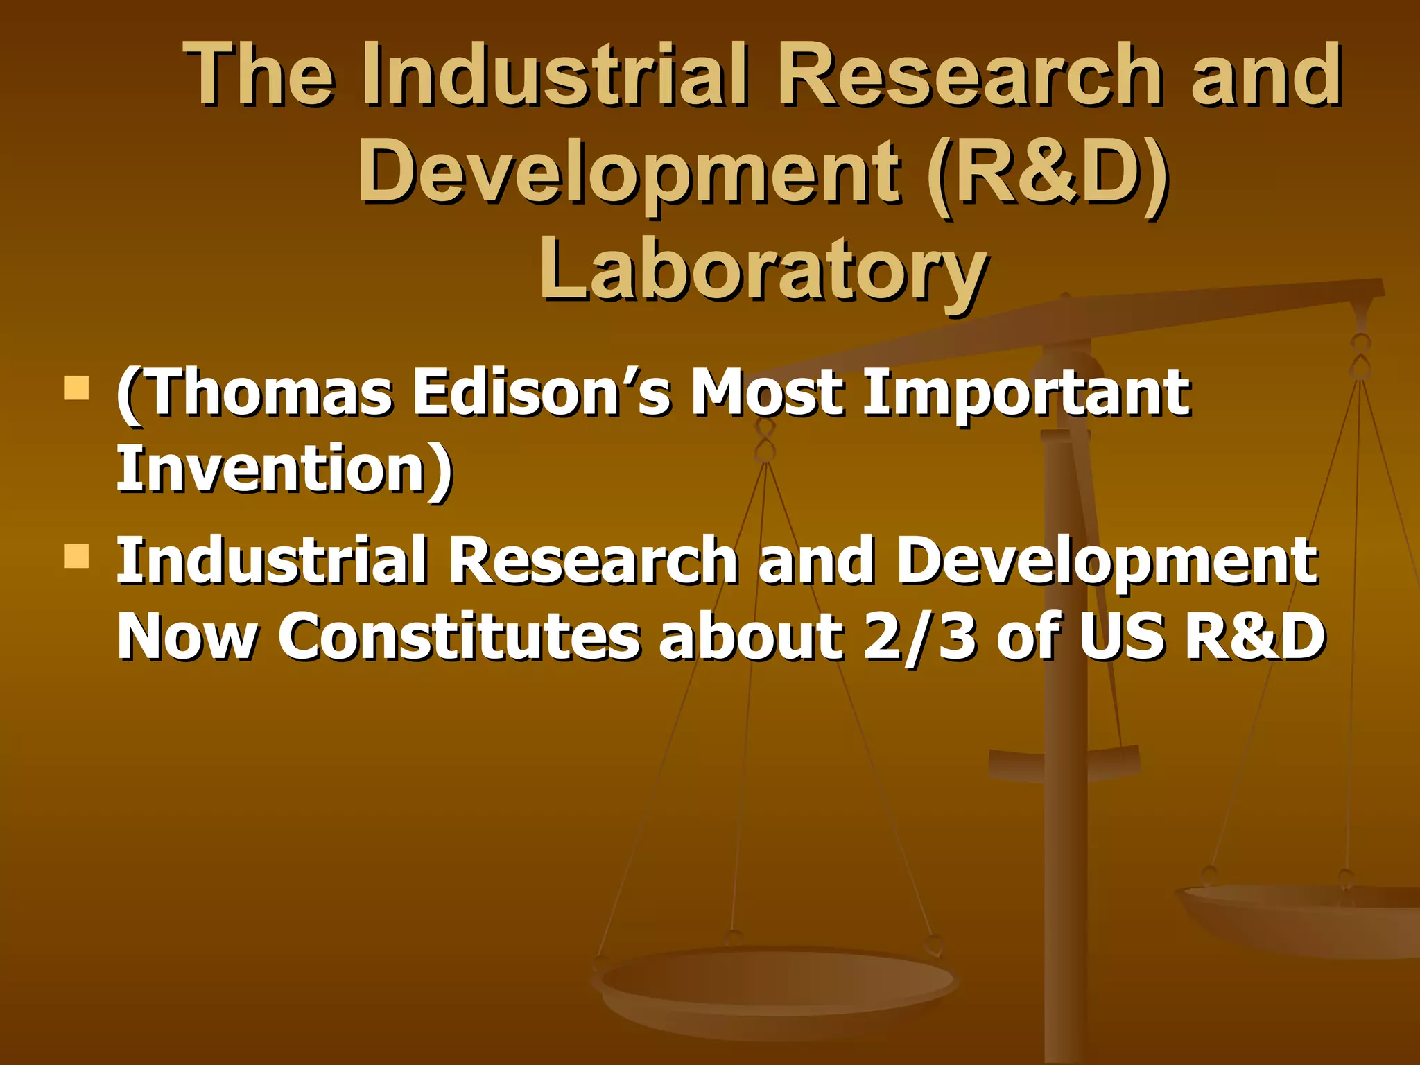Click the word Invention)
coord(284,469)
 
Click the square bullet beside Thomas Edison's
coord(77,388)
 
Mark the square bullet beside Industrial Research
coord(77,555)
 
